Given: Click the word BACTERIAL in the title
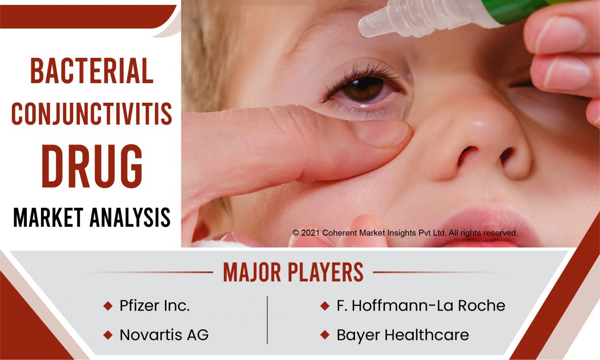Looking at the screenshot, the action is coord(92,71).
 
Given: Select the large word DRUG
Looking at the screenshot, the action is coord(92,166).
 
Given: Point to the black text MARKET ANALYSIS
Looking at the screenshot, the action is coord(92,217).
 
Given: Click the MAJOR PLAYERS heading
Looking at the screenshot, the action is coord(293,272).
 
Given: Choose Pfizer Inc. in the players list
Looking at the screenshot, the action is coord(155,305).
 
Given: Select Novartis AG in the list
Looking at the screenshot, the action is coord(164,335).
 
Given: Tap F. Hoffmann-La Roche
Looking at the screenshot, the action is coord(421,305).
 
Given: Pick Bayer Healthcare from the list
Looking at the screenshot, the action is coord(403,335).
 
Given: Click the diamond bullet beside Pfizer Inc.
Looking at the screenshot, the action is coord(108,306).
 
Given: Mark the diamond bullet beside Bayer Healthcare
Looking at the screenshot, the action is coord(325,335).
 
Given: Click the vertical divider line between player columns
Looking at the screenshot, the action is coord(267,320).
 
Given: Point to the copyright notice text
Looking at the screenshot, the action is coord(405,233).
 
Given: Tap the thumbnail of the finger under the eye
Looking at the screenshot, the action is coord(380,133).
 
